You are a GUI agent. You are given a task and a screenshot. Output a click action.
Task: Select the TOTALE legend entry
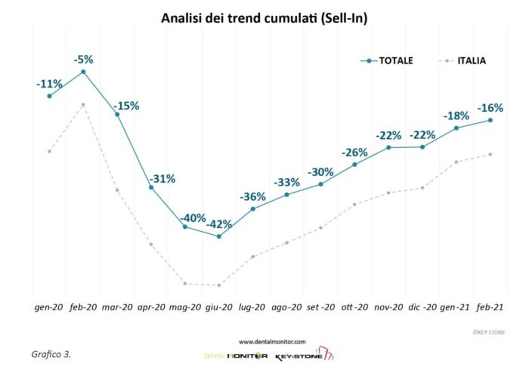pyautogui.click(x=387, y=61)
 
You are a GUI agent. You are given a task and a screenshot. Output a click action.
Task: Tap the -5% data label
pyautogui.click(x=83, y=60)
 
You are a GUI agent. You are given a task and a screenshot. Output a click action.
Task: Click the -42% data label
pyautogui.click(x=219, y=224)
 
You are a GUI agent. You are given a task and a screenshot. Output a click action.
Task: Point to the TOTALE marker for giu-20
pyautogui.click(x=219, y=236)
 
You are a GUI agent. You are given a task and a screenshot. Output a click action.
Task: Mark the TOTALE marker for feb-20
pyautogui.click(x=83, y=72)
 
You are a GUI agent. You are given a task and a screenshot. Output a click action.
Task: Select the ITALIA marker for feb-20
pyautogui.click(x=83, y=104)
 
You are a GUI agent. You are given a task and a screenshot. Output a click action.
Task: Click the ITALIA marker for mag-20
pyautogui.click(x=185, y=283)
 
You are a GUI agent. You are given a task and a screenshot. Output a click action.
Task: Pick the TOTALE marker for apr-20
pyautogui.click(x=151, y=187)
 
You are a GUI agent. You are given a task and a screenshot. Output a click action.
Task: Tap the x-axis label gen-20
pyautogui.click(x=49, y=307)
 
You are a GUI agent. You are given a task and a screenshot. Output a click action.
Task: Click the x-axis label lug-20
pyautogui.click(x=252, y=307)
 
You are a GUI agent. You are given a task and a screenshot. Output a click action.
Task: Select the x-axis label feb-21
pyautogui.click(x=490, y=307)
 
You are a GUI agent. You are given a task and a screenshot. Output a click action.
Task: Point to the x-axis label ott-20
pyautogui.click(x=354, y=307)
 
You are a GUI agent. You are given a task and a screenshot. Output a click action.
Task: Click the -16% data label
pyautogui.click(x=490, y=108)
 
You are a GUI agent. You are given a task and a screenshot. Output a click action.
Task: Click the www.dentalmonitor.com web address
pyautogui.click(x=272, y=342)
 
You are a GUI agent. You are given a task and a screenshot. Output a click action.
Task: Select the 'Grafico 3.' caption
pyautogui.click(x=51, y=354)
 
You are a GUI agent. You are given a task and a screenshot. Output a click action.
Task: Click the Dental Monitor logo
pyautogui.click(x=236, y=356)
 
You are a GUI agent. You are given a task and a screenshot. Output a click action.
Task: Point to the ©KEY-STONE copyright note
pyautogui.click(x=489, y=333)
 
